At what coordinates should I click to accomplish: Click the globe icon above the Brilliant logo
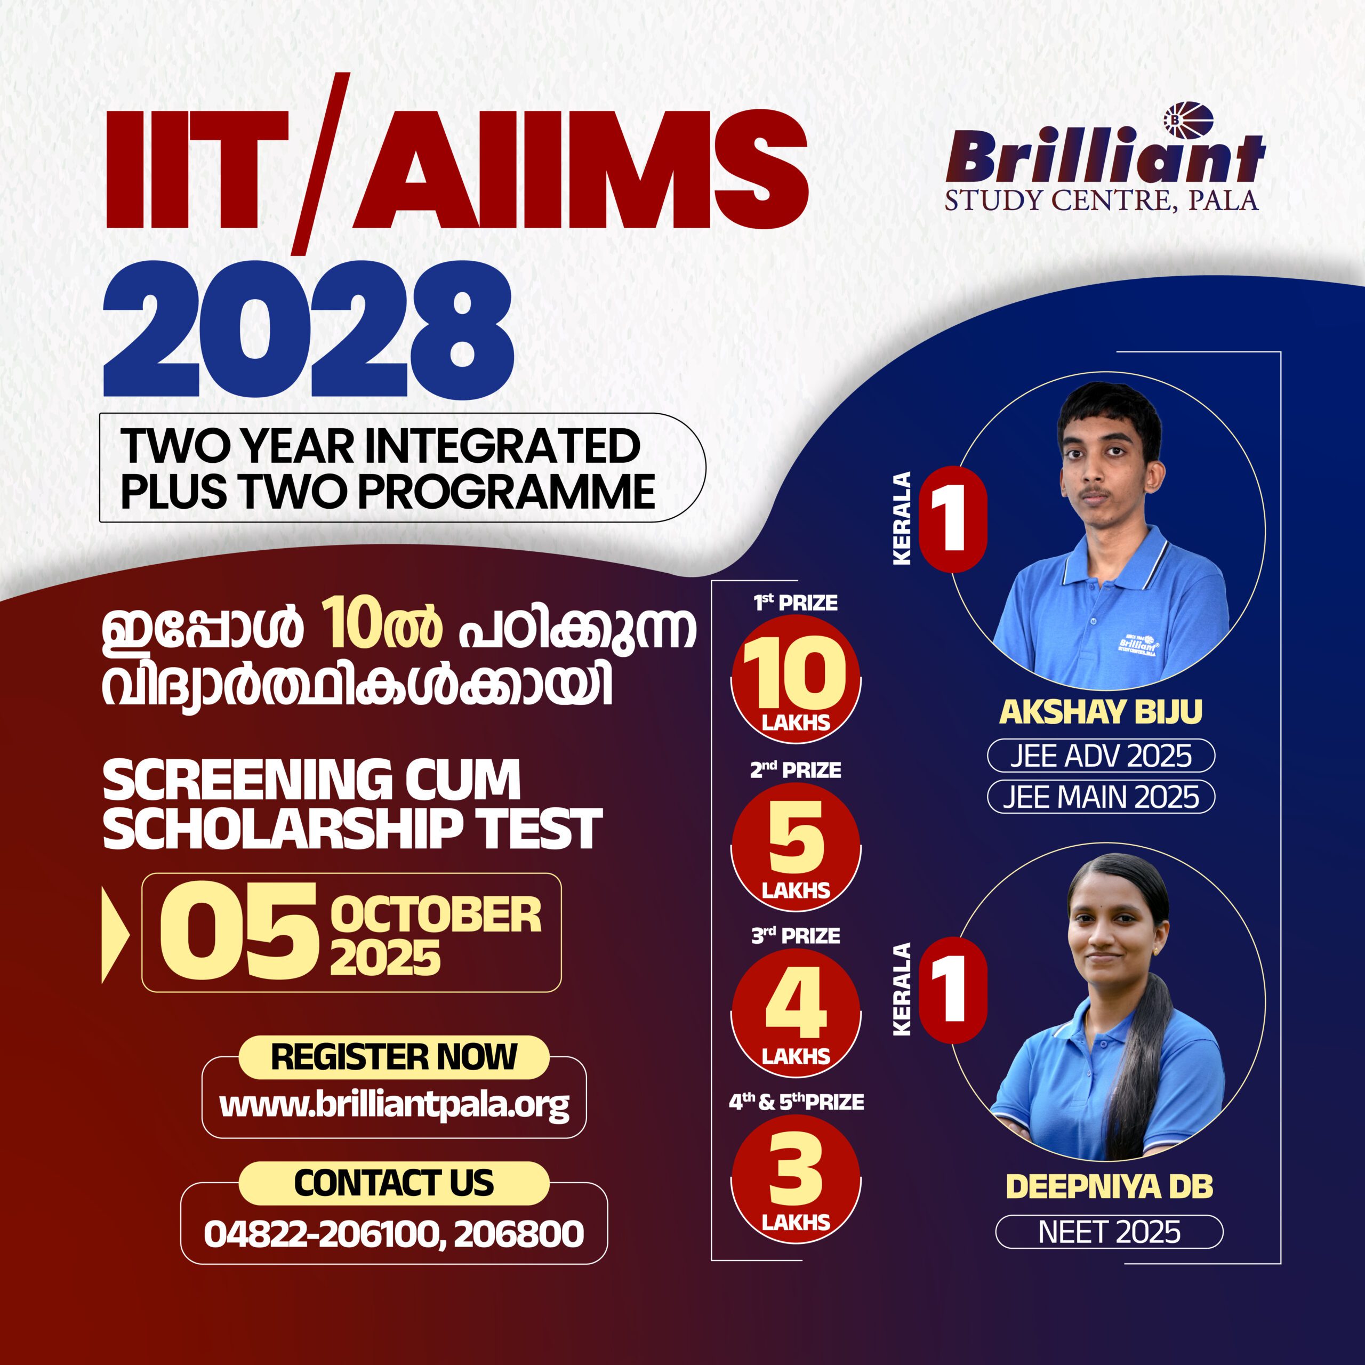(1189, 120)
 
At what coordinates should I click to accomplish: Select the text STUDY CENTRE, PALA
(1102, 200)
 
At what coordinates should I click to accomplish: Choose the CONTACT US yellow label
(394, 1183)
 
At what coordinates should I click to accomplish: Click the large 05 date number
(239, 933)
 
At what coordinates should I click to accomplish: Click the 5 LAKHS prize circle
(796, 846)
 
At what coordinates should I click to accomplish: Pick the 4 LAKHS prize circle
(796, 1013)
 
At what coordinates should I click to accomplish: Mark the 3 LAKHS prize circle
(796, 1179)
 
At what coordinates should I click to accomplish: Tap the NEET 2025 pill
(1109, 1232)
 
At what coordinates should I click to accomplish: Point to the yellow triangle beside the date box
(115, 934)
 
